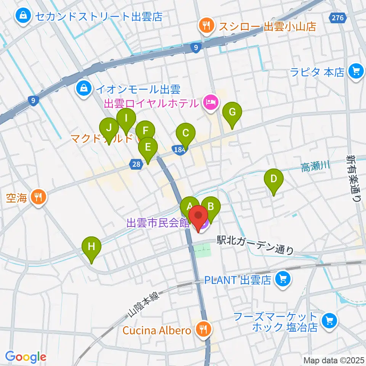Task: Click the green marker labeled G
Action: coord(232,112)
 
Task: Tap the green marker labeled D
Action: coord(273,178)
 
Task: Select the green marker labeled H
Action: coord(91,247)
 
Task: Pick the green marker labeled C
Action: coord(186,133)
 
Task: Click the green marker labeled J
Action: coord(109,128)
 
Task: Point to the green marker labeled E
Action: coord(148,147)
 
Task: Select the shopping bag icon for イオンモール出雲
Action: coord(83,89)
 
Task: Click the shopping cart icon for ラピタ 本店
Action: coord(356,71)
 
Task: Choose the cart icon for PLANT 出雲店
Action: coord(283,280)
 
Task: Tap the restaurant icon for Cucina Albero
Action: coord(202,329)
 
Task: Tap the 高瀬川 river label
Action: coord(315,167)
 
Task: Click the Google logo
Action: coord(26,357)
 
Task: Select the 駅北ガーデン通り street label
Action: coord(255,245)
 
